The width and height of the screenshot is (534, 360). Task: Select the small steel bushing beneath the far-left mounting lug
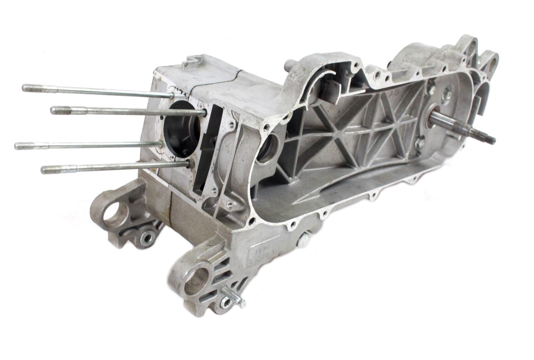(x=147, y=237)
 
